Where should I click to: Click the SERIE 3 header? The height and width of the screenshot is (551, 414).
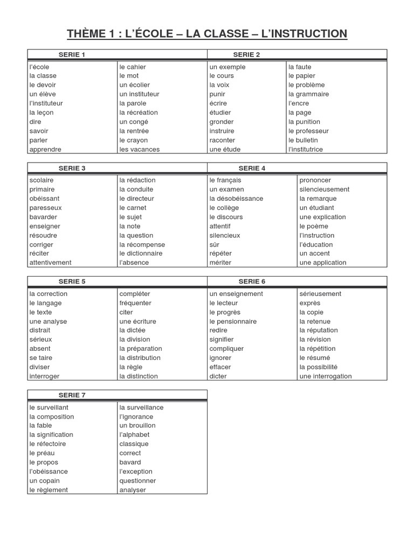click(x=72, y=168)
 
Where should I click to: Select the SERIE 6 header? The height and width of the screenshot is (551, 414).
click(x=252, y=281)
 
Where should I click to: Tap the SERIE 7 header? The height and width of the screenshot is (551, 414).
click(x=72, y=395)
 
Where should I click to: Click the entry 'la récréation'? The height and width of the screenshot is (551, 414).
click(x=139, y=112)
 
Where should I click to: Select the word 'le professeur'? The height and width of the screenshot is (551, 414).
click(x=308, y=131)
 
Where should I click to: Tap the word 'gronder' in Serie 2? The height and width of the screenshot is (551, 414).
click(x=221, y=122)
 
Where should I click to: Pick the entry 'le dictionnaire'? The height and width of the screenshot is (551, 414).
click(x=141, y=253)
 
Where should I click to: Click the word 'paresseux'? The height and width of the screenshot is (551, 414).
click(x=45, y=208)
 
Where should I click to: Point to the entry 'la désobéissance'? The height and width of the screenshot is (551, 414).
click(x=236, y=199)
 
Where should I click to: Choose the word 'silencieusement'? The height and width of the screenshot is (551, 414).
click(x=324, y=189)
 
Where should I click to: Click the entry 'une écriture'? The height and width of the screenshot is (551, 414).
click(x=137, y=321)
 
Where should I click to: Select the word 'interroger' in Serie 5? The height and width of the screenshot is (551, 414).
click(x=44, y=376)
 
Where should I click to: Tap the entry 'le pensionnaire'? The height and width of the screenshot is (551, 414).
click(x=233, y=321)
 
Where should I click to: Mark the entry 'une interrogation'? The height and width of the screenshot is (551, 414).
click(x=325, y=376)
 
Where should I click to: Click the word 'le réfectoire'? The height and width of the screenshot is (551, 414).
click(x=47, y=444)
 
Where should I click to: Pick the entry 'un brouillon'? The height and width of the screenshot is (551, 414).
click(x=137, y=426)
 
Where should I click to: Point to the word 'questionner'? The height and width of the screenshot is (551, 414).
click(x=137, y=481)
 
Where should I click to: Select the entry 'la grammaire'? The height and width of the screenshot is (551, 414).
click(x=308, y=94)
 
